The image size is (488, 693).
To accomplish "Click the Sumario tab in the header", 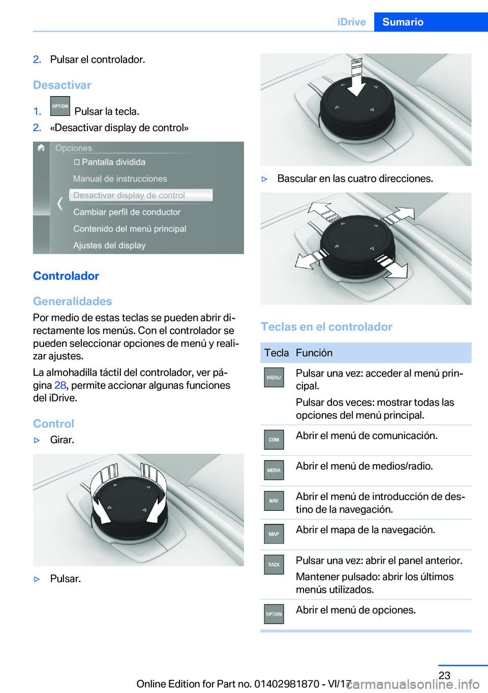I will [x=403, y=22].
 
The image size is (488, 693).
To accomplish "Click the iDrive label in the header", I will [x=351, y=22].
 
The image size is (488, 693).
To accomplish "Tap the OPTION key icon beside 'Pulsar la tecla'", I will [x=60, y=106].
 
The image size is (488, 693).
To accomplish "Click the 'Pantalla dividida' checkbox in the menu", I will [x=77, y=162].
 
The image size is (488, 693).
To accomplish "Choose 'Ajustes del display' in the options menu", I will [x=109, y=245].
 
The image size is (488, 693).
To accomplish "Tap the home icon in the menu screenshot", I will [x=41, y=148].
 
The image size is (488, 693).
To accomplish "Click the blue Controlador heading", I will [x=66, y=276].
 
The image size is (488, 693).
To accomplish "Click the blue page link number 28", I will [x=60, y=385].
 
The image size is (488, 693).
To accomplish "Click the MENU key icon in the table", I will [x=273, y=378].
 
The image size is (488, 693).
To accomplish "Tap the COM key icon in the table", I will [x=273, y=440].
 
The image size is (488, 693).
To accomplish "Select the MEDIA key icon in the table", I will [x=273, y=470].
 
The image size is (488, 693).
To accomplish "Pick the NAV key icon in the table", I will [x=273, y=501].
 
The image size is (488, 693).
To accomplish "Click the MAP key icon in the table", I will [x=273, y=534].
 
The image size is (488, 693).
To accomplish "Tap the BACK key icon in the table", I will [x=273, y=564].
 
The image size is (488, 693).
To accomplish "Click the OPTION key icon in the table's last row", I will [x=273, y=614].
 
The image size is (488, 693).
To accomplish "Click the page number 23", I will [x=444, y=675].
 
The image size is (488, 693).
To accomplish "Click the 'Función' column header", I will [x=314, y=353].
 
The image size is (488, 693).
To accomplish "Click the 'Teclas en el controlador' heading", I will [x=326, y=327].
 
